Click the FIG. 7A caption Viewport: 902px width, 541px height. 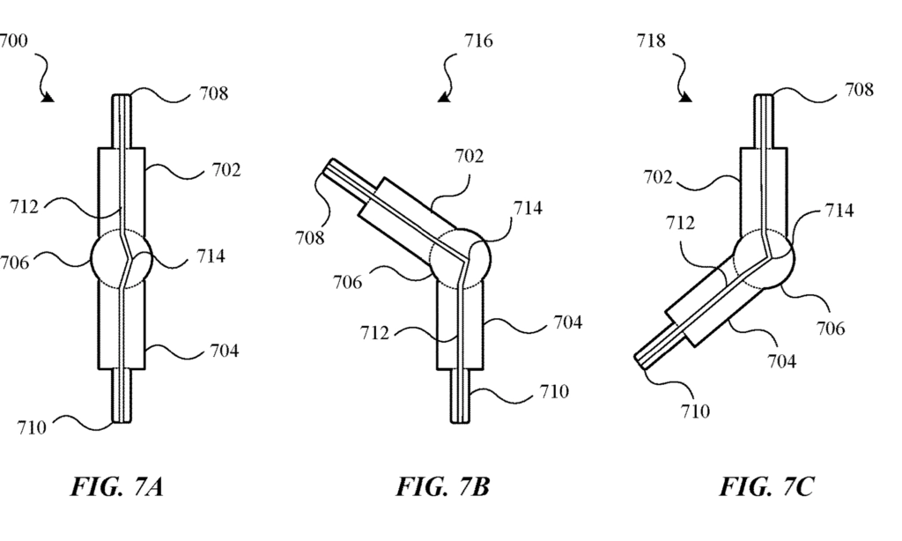[x=117, y=486]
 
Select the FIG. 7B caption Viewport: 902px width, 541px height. [x=442, y=486]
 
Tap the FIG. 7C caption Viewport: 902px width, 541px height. [x=767, y=486]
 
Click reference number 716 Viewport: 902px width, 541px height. [x=478, y=41]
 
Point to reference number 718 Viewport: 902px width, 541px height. [x=651, y=41]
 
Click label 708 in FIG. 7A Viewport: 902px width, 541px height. [x=214, y=93]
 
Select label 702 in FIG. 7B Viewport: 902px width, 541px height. [x=469, y=156]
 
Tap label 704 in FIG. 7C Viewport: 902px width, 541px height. [x=782, y=361]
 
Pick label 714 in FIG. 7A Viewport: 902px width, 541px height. [x=211, y=256]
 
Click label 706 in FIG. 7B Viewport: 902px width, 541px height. [x=347, y=282]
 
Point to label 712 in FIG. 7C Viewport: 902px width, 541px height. [x=681, y=223]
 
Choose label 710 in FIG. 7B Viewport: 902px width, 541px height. [x=554, y=391]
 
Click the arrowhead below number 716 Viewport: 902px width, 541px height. [x=444, y=99]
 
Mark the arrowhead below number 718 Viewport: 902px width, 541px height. [x=685, y=97]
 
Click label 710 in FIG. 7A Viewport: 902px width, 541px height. [x=32, y=427]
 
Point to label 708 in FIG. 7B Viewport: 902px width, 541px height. [x=310, y=237]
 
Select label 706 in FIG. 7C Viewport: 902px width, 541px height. [x=831, y=328]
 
